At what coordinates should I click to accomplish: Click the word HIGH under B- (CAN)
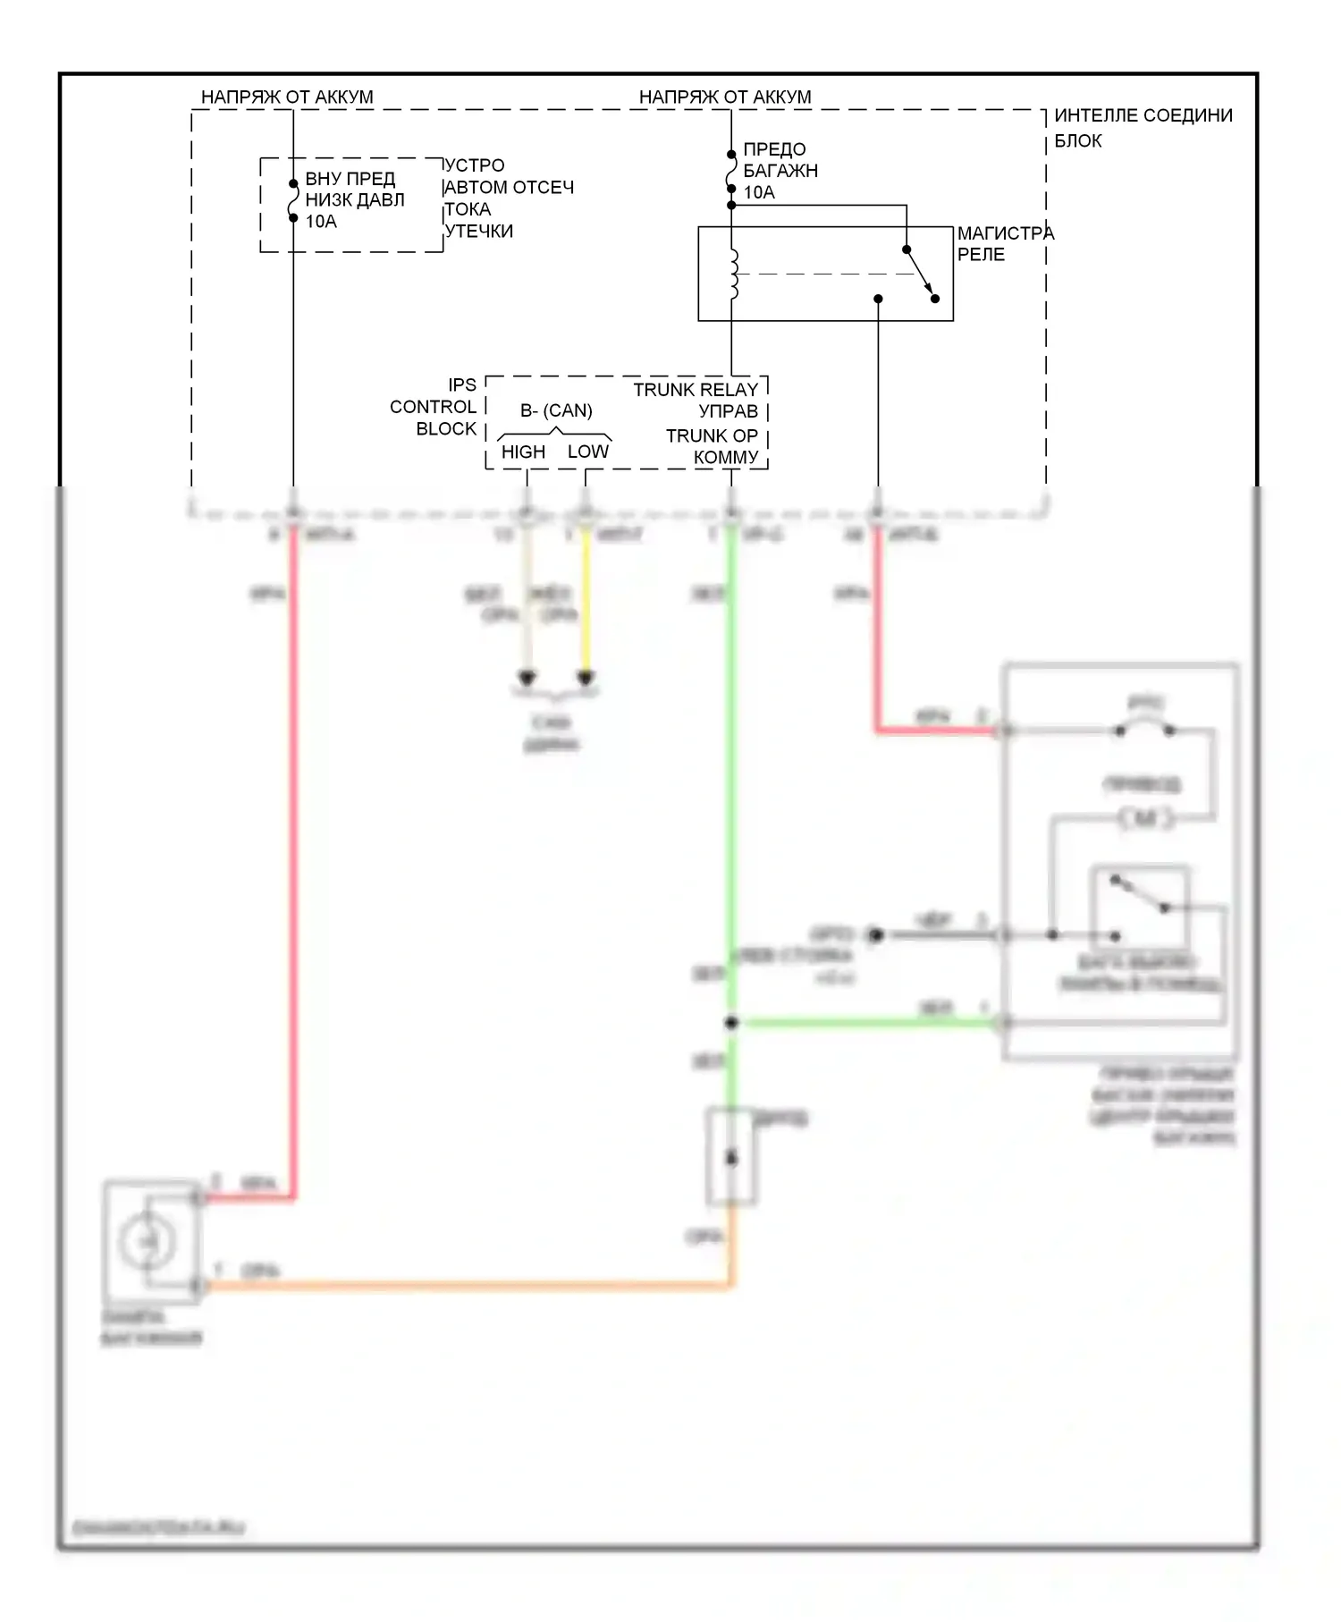click(x=523, y=452)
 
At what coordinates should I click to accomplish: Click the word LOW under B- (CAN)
click(x=587, y=452)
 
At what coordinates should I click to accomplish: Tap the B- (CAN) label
click(x=556, y=410)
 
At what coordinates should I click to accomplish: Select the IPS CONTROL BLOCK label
click(x=434, y=407)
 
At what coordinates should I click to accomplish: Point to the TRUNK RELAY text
click(x=695, y=390)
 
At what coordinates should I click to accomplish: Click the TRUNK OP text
click(x=711, y=435)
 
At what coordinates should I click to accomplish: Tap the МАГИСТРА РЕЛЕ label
click(x=1004, y=244)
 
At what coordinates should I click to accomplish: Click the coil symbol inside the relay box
click(x=734, y=274)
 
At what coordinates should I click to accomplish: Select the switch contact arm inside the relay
click(x=920, y=274)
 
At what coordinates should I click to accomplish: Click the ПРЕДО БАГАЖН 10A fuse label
click(x=780, y=171)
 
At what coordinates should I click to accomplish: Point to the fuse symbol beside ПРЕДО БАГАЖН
click(x=731, y=172)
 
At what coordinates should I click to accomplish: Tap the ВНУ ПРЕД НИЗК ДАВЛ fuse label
click(x=354, y=200)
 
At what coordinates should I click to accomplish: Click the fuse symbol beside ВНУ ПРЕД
click(x=293, y=201)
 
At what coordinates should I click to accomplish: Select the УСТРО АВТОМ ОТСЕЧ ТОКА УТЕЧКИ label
click(x=508, y=199)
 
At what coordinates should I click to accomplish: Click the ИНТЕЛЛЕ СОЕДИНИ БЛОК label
click(x=1142, y=128)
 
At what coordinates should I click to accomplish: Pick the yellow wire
click(x=586, y=608)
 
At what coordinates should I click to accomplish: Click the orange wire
click(x=465, y=1287)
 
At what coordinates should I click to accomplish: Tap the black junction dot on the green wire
click(x=731, y=1022)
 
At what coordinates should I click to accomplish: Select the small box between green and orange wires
click(x=731, y=1157)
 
